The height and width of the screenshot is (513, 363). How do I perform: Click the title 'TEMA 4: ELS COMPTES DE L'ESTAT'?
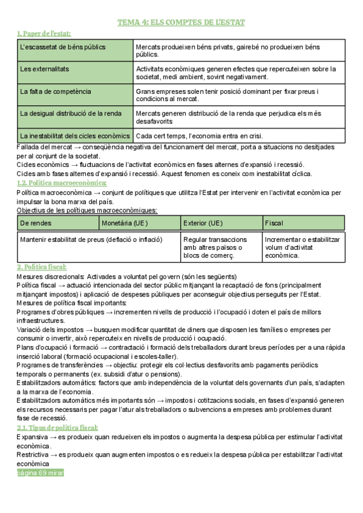pos(181,22)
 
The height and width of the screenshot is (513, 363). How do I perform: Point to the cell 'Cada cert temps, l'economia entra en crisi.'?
pos(199,136)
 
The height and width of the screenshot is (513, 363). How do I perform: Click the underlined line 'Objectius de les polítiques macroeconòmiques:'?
pos(87,210)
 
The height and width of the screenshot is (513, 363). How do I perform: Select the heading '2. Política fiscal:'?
pos(42,267)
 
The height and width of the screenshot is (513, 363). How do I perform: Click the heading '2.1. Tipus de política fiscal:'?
pos(57,428)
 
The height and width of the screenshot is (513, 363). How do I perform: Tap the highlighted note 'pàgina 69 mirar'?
pos(40,472)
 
